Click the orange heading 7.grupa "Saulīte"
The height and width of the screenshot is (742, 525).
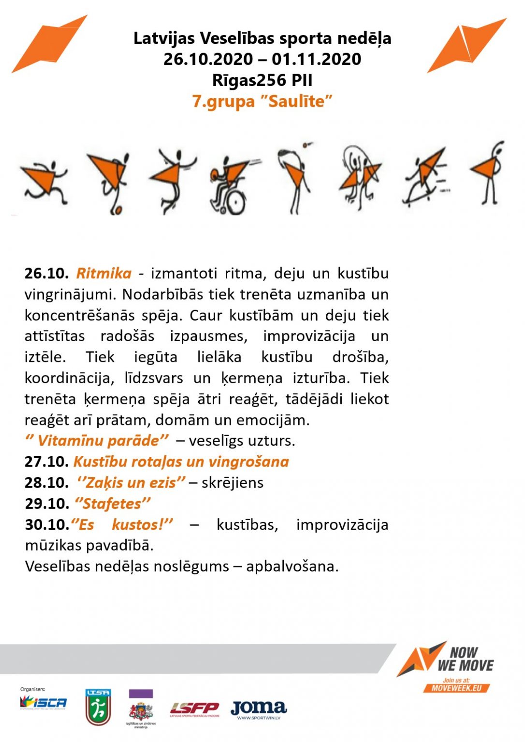pyautogui.click(x=262, y=101)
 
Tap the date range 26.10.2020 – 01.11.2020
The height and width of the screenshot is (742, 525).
pyautogui.click(x=262, y=59)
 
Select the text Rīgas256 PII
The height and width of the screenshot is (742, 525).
pyautogui.click(x=262, y=80)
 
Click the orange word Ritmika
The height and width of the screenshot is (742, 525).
pyautogui.click(x=103, y=273)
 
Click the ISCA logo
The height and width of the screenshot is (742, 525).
pyautogui.click(x=43, y=702)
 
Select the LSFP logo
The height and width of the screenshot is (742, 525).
pyautogui.click(x=194, y=709)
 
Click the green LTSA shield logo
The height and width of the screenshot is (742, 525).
pyautogui.click(x=98, y=707)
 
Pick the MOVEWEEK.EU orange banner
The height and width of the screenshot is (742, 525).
pyautogui.click(x=456, y=688)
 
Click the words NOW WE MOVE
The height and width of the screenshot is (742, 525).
pyautogui.click(x=465, y=659)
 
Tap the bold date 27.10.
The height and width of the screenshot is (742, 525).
pyautogui.click(x=46, y=462)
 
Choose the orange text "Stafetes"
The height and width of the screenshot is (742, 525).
pyautogui.click(x=113, y=504)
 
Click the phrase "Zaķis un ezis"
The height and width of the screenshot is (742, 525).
pyautogui.click(x=131, y=483)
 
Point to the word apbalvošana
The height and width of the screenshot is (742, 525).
pyautogui.click(x=292, y=566)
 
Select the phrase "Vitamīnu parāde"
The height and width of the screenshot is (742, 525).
pyautogui.click(x=97, y=441)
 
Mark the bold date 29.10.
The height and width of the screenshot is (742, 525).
pyautogui.click(x=46, y=504)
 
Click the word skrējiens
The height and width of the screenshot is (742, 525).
pyautogui.click(x=233, y=483)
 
